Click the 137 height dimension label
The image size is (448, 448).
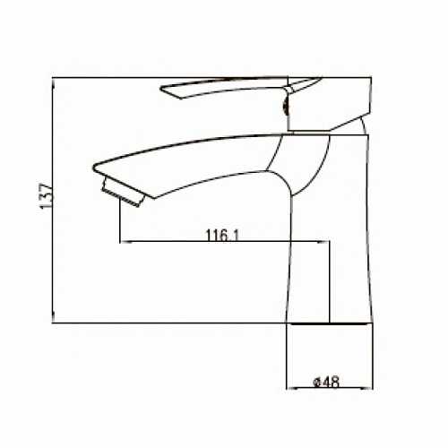(47, 196)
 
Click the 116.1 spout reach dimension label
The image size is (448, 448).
(222, 235)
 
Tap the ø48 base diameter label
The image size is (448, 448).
(326, 382)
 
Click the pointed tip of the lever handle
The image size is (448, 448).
(161, 88)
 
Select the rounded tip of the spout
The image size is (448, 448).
(94, 168)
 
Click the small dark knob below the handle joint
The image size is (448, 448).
(285, 107)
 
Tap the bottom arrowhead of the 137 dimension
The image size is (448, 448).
(53, 316)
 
